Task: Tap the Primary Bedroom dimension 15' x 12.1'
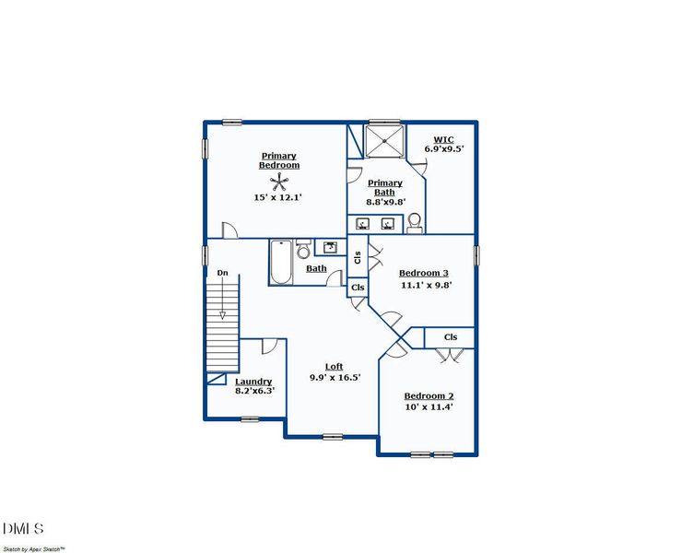coord(278,197)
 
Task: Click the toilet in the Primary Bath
coord(416,222)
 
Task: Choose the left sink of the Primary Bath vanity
coord(363,224)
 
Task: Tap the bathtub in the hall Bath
coord(280,262)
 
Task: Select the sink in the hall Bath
coord(329,247)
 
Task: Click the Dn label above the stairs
coord(222,273)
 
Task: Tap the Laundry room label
coord(253,382)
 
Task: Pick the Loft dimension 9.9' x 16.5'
coord(334,377)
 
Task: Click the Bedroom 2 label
coord(429,395)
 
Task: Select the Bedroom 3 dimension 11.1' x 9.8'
coord(425,285)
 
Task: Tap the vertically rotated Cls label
coord(358,256)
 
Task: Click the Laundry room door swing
coord(269,346)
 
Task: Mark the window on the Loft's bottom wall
coord(333,436)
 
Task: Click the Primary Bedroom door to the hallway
coord(229,231)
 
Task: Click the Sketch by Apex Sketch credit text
coord(33,548)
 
